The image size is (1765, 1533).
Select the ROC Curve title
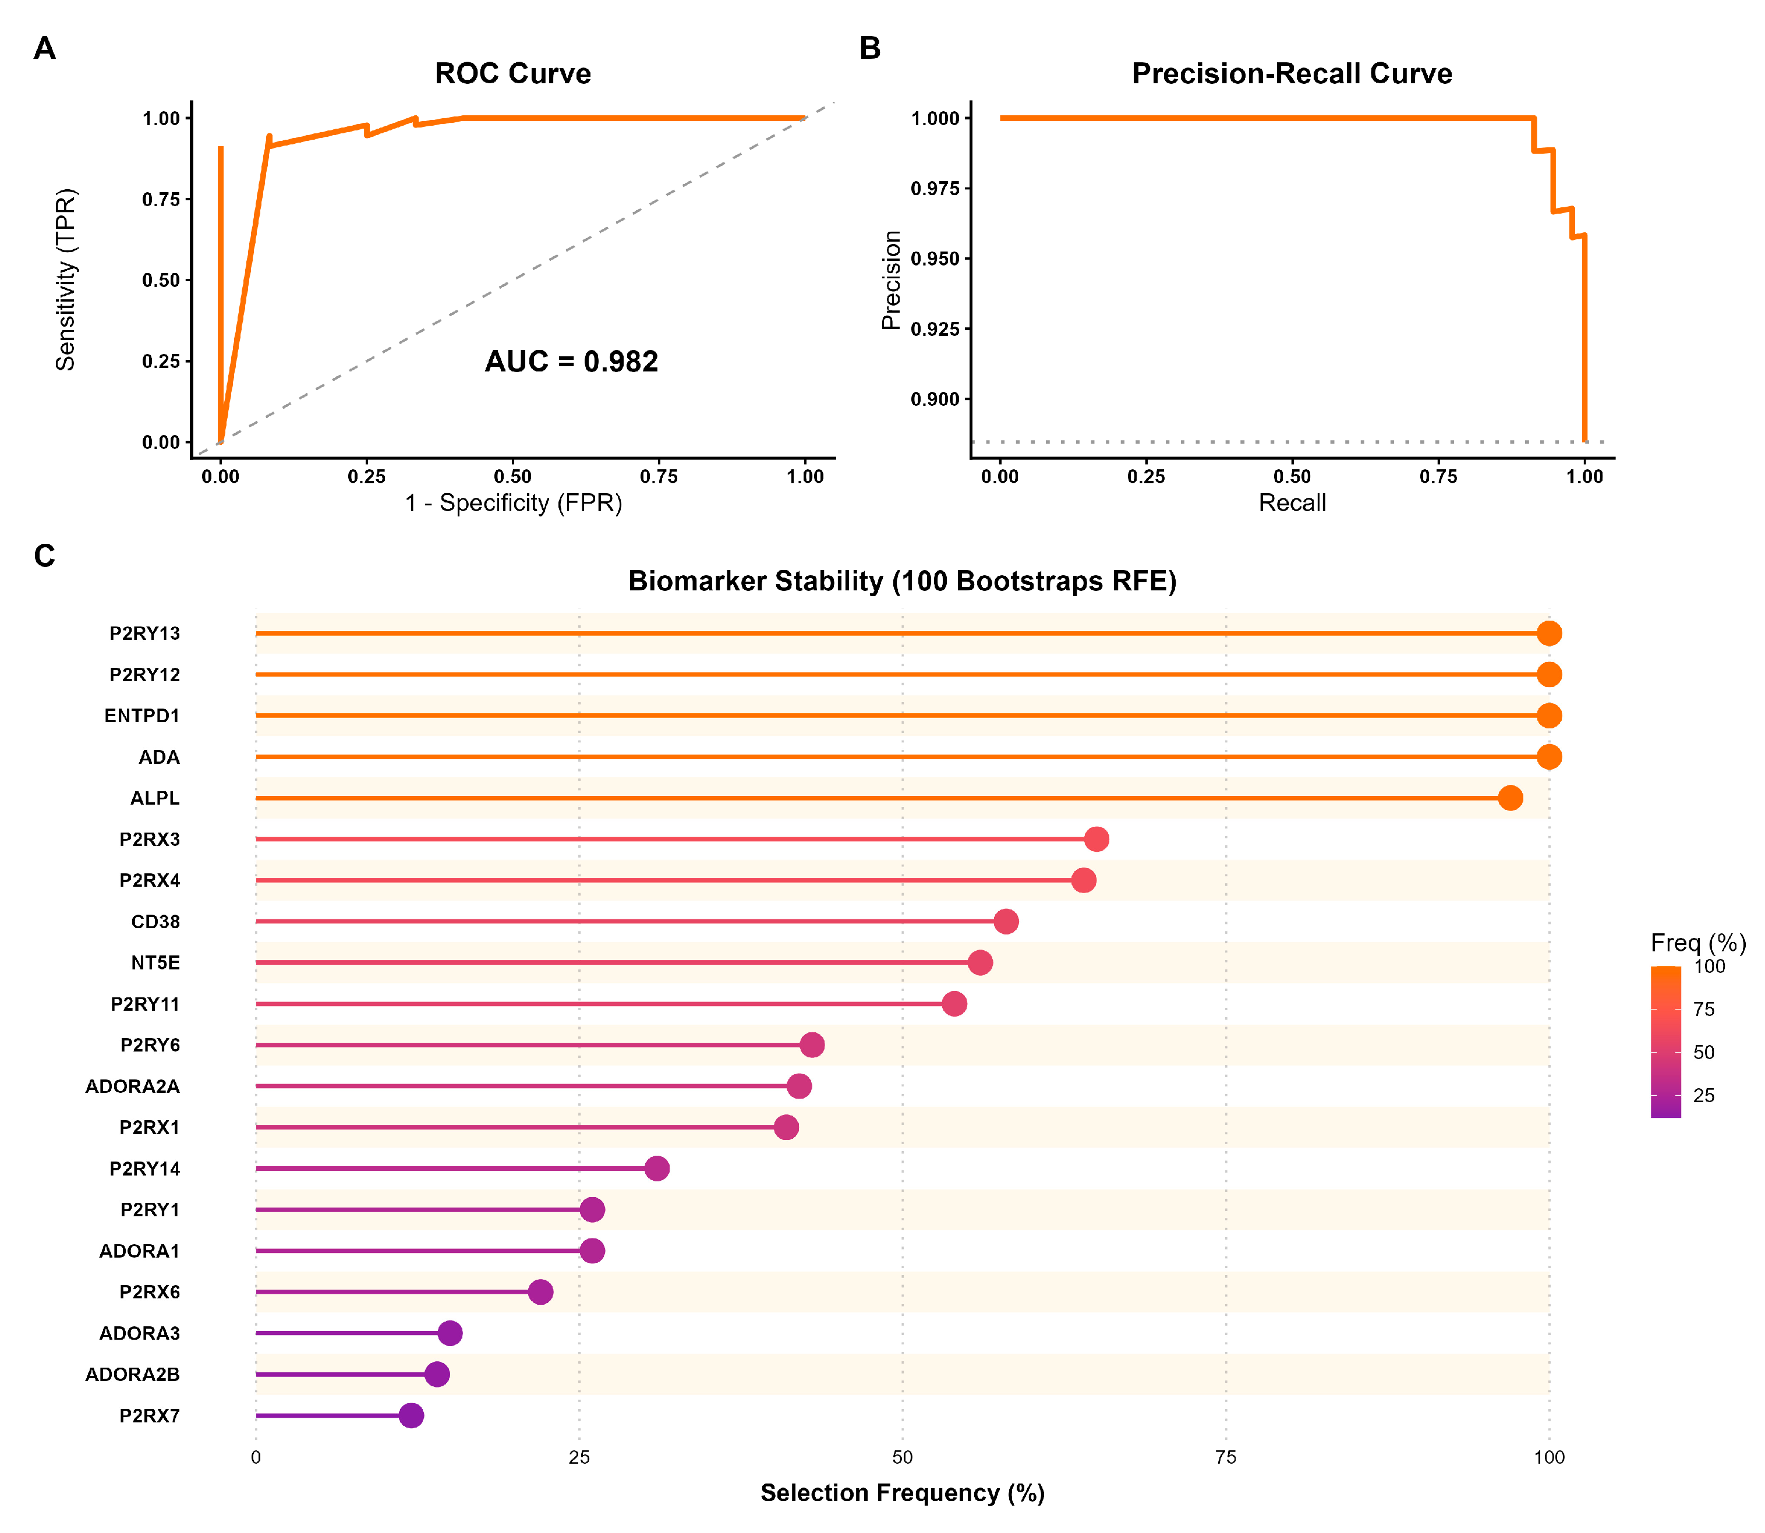point(512,73)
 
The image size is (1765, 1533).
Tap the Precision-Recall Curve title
point(1291,73)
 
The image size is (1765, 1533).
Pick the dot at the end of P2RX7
point(412,1416)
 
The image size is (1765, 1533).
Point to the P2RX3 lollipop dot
point(1096,839)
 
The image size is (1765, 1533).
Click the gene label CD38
point(155,921)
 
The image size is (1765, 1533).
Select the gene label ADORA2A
point(133,1086)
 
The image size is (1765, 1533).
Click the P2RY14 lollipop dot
point(656,1169)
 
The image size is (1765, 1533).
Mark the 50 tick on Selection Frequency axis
point(902,1458)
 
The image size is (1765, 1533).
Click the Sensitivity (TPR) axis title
point(66,279)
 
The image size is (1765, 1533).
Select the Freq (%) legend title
point(1697,943)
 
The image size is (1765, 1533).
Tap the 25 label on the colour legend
point(1703,1095)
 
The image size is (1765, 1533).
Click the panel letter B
point(869,49)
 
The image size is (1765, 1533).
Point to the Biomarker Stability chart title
point(902,581)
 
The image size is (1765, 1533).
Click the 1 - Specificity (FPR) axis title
point(514,503)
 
